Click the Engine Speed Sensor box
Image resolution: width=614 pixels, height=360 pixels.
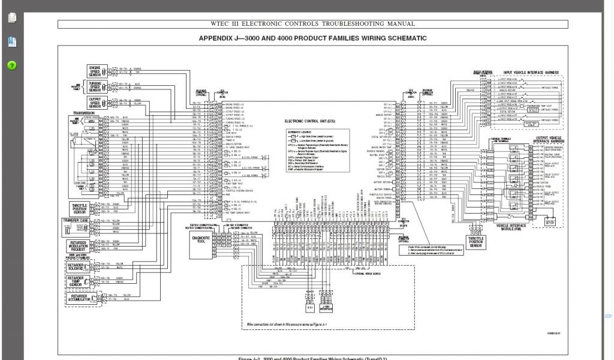tap(94, 70)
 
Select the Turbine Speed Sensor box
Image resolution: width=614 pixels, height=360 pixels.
tap(94, 86)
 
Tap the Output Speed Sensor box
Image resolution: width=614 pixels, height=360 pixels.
tap(94, 103)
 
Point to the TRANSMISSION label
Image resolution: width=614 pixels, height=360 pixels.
tap(83, 113)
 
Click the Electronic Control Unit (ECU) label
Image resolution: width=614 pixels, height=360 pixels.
tap(314, 121)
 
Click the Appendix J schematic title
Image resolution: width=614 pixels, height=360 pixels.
tap(313, 38)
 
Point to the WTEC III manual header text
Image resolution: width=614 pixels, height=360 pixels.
tap(312, 24)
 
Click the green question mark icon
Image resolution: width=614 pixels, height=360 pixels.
tap(12, 65)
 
